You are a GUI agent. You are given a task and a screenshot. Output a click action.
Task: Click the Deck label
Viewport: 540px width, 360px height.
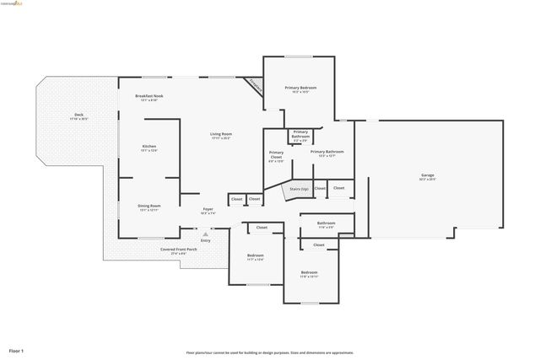pos(78,115)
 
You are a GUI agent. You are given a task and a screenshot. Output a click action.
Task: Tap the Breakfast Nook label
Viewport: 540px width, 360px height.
pos(149,96)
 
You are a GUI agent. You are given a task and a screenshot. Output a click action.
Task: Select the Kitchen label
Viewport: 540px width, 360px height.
pos(149,146)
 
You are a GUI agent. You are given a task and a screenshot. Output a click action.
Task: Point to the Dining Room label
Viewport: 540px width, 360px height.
pos(149,205)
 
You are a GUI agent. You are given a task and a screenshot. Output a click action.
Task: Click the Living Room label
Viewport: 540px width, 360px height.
pos(221,134)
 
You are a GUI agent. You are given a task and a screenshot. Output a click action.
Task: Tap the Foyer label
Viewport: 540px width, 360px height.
pos(208,208)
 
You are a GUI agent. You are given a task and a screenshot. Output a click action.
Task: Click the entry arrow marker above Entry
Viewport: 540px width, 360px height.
pos(206,232)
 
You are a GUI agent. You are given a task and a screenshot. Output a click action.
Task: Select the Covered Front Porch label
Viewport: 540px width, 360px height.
pos(179,249)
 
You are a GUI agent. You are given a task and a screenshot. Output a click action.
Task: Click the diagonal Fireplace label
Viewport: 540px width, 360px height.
pos(254,85)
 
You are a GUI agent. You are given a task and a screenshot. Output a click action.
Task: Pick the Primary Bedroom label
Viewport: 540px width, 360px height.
pos(300,88)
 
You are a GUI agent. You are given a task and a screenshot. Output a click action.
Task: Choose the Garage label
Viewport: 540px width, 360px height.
pos(428,175)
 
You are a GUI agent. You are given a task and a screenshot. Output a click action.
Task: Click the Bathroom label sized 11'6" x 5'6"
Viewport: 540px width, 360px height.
pos(326,223)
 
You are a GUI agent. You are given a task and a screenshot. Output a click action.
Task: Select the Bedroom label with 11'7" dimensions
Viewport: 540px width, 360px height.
pos(255,255)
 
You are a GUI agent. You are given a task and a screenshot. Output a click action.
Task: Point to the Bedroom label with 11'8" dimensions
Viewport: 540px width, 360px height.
pos(310,271)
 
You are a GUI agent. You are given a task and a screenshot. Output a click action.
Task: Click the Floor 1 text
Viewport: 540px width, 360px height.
pos(17,350)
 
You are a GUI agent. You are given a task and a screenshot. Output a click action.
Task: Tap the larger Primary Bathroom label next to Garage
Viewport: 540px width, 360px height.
pos(327,151)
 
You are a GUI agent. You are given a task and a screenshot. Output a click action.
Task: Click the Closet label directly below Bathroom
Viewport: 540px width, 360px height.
pos(318,244)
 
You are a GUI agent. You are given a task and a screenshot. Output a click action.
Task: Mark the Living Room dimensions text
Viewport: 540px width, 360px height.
pos(221,138)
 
